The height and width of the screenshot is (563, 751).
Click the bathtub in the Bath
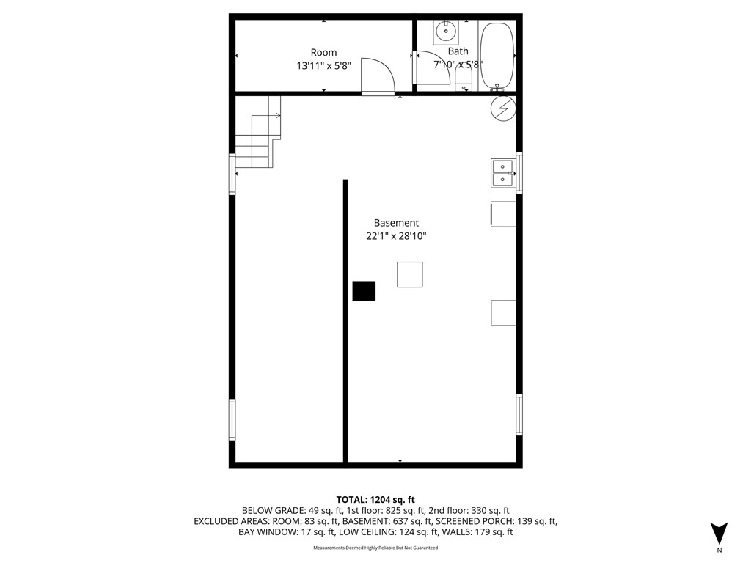click(497, 56)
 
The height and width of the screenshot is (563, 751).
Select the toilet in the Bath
click(464, 78)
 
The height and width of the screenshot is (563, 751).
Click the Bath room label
click(458, 51)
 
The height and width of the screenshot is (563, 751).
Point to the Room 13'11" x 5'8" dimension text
click(323, 65)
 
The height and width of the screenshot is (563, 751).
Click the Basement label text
click(396, 223)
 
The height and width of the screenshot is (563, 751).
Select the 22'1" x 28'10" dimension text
click(396, 236)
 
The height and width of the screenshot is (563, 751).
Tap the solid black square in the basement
click(364, 291)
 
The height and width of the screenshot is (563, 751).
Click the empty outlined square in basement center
click(409, 274)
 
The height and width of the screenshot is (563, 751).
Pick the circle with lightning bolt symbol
click(503, 109)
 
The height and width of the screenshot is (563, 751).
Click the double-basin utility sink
click(502, 173)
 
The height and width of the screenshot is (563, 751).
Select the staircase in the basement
click(257, 136)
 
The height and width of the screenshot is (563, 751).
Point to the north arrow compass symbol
click(719, 534)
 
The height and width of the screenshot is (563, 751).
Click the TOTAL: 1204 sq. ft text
click(375, 499)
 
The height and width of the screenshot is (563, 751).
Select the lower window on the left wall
click(232, 419)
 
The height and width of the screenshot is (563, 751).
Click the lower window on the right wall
click(519, 415)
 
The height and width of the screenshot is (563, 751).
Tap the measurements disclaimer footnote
click(375, 548)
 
